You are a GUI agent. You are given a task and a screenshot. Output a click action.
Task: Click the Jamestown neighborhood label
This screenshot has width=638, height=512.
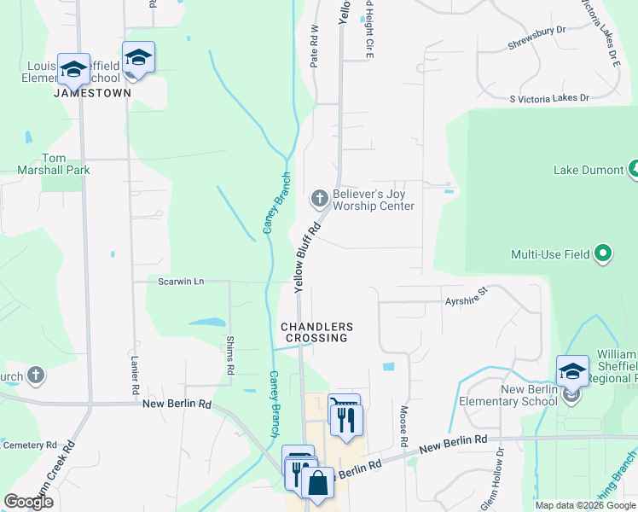[x=92, y=92]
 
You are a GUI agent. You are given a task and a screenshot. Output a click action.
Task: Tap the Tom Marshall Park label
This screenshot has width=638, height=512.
[x=54, y=164]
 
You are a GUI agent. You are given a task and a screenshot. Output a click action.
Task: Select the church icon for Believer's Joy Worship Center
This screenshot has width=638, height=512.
[x=320, y=200]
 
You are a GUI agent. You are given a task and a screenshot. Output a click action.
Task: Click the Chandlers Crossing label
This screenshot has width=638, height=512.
[x=316, y=333]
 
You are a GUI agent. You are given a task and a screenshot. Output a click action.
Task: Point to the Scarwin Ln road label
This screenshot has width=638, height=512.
[x=181, y=281]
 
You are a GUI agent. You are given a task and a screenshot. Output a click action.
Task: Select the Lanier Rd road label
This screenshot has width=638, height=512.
[x=135, y=375]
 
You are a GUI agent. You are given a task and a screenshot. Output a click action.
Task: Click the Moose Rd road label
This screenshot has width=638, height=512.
[x=403, y=426]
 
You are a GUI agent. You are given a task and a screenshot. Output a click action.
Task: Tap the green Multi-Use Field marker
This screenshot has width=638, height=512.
[x=603, y=253]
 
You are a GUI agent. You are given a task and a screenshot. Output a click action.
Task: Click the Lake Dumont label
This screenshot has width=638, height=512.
[x=589, y=170]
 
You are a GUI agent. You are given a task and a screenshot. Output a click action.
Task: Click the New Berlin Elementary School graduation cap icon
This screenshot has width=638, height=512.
[x=572, y=372]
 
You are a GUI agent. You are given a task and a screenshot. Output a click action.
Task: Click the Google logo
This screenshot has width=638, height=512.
[x=28, y=502]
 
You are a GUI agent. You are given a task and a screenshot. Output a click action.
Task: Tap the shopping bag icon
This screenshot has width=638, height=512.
[x=317, y=483]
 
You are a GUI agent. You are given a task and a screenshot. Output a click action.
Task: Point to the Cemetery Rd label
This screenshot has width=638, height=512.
[x=30, y=445]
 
